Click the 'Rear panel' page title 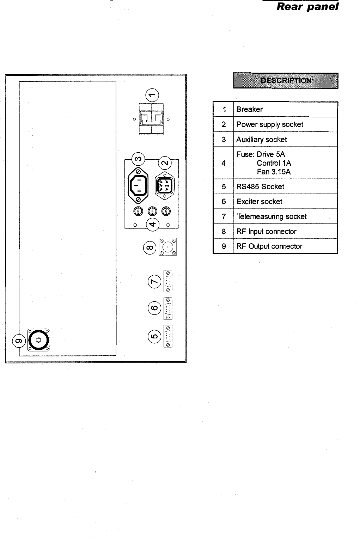(307, 7)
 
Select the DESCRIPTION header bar (286, 80)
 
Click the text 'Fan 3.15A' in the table (274, 172)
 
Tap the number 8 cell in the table (224, 232)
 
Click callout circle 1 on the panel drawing (152, 95)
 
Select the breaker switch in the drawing (151, 119)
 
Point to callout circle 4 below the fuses (153, 224)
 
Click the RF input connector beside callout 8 (168, 247)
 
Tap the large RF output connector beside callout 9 (38, 340)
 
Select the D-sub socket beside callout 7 (168, 281)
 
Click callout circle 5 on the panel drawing (154, 336)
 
